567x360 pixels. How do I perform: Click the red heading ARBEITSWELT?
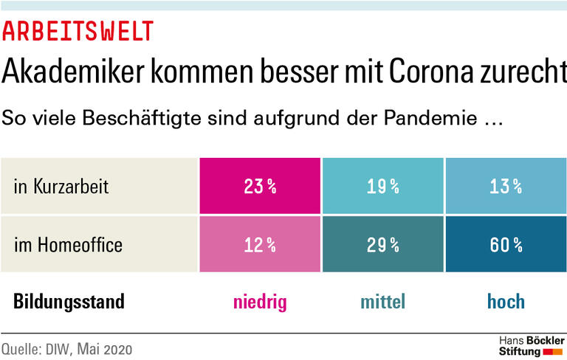coord(78,31)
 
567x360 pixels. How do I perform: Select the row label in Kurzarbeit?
coord(61,187)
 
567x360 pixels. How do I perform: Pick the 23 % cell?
coord(259,187)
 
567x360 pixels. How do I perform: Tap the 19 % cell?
coord(382,187)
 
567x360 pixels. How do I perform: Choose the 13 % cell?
coord(505,187)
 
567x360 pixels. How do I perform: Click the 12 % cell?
coord(259,245)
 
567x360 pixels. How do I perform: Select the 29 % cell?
coord(382,245)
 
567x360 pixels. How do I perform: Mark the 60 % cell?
coord(505,245)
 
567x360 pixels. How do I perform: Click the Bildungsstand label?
coord(69,301)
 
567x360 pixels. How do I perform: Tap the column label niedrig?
coord(259,301)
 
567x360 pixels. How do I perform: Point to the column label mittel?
coord(382,301)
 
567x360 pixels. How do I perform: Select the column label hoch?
coord(506,301)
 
